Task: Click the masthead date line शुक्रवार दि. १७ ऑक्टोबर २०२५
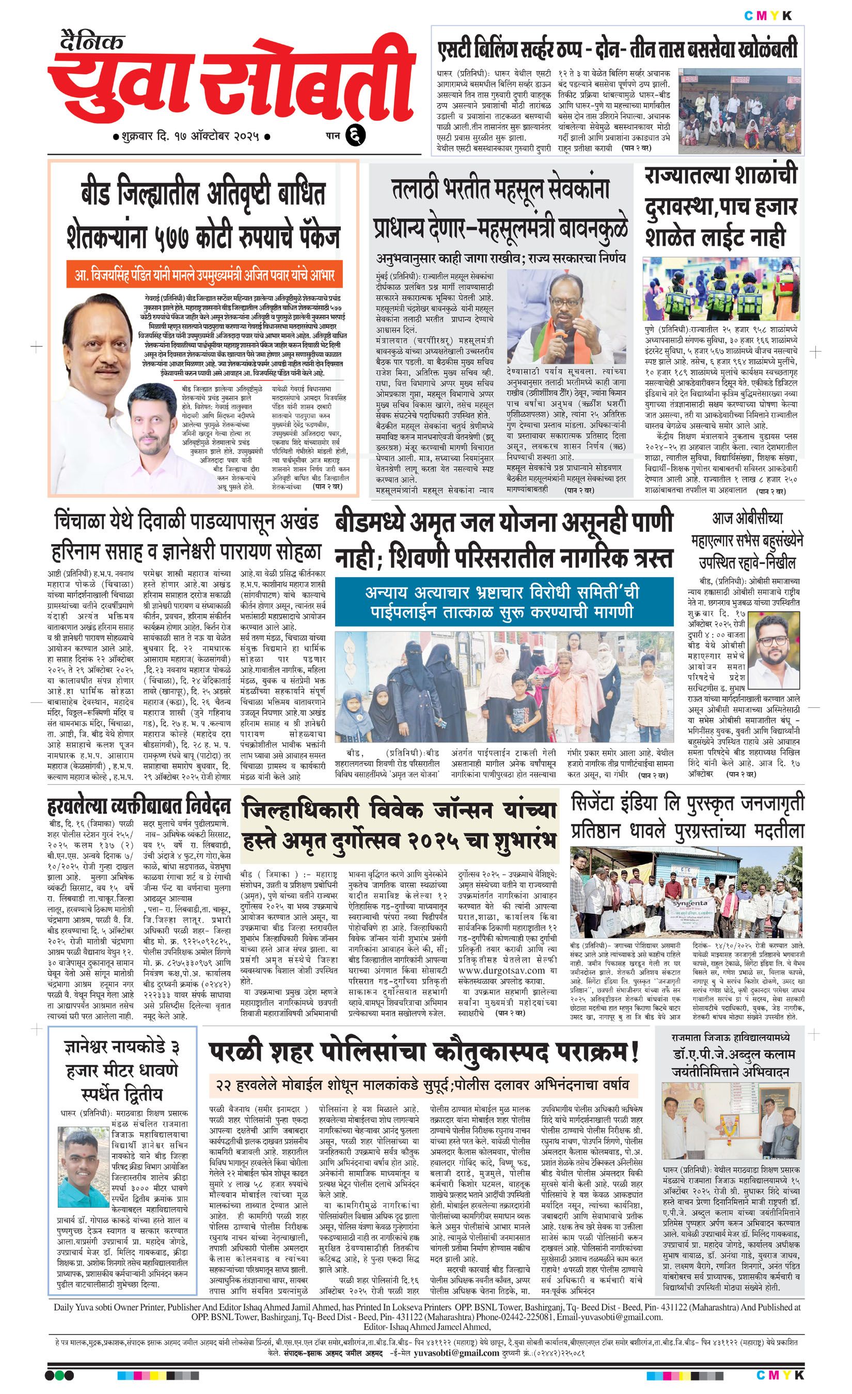tap(191, 137)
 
